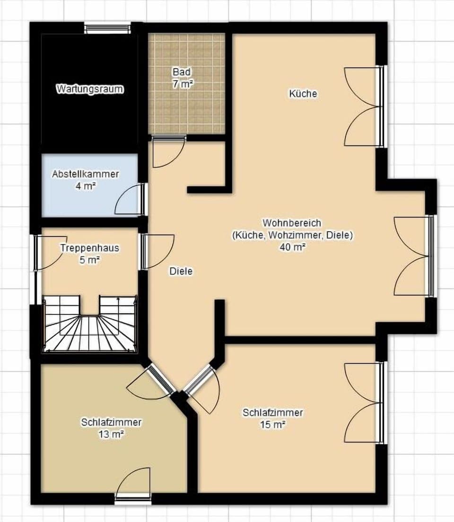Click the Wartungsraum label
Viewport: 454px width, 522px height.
tap(90, 89)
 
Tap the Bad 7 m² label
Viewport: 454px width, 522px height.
tap(182, 78)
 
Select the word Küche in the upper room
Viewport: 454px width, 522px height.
tap(303, 94)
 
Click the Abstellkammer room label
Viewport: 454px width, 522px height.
tap(85, 174)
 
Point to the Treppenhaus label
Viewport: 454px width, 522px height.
tap(89, 248)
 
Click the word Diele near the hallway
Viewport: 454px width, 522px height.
tap(181, 271)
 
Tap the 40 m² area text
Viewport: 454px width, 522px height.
tap(292, 247)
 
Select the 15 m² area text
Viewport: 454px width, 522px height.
tap(272, 425)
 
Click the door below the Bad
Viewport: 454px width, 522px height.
tap(168, 151)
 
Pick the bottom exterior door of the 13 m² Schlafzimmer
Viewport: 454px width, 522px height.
tap(133, 485)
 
